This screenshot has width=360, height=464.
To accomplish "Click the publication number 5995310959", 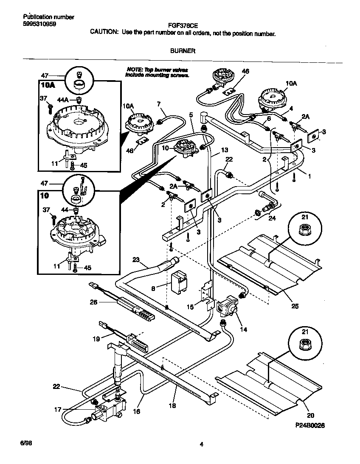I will (x=39, y=24).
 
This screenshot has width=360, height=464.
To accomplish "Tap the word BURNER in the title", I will (x=183, y=50).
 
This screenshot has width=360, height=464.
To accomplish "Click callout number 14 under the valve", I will (x=243, y=329).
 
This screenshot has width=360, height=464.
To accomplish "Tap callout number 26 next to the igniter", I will (x=94, y=302).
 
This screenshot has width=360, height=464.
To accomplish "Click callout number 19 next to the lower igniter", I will (x=96, y=339).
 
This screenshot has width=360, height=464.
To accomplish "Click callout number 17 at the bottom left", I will (x=58, y=409).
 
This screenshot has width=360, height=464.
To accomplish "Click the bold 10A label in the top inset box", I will (x=48, y=85).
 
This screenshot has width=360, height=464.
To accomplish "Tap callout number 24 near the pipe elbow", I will (x=271, y=219).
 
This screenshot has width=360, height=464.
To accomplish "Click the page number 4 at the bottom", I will (x=202, y=444).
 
